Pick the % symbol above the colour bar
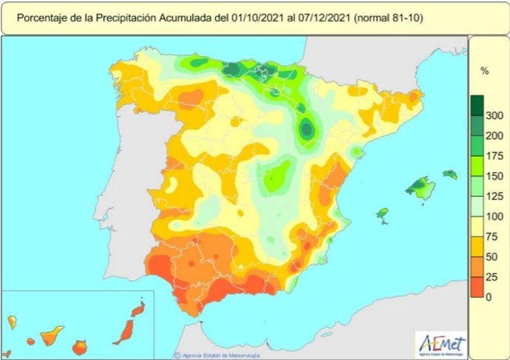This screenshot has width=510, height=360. [485, 71]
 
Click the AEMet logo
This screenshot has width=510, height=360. [442, 342]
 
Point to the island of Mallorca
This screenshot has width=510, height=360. [421, 188]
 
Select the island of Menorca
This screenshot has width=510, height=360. [450, 175]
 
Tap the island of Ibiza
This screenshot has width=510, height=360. [382, 214]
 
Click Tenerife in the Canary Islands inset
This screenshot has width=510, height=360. [50, 337]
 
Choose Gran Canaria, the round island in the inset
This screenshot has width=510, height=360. [79, 346]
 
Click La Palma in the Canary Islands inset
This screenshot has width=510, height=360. [13, 322]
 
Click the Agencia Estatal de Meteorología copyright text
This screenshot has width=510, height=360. [222, 355]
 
